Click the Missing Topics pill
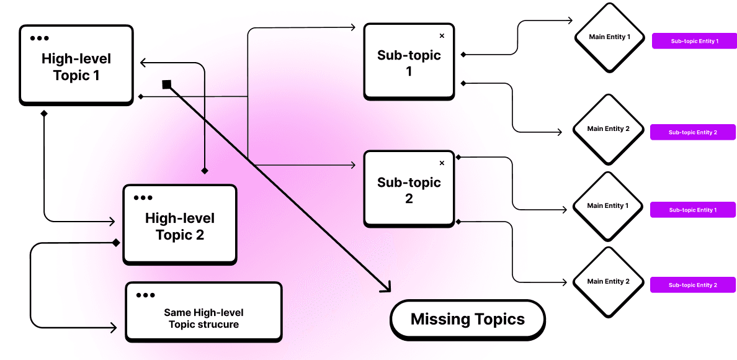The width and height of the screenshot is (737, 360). click(467, 320)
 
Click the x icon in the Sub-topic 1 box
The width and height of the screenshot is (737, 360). click(442, 36)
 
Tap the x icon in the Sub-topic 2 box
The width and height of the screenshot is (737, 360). click(442, 163)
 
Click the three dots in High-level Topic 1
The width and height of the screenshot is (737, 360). click(39, 38)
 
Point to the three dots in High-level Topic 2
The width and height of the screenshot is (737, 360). click(143, 198)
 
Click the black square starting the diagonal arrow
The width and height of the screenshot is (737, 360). click(166, 84)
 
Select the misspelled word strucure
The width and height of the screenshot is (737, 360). click(218, 324)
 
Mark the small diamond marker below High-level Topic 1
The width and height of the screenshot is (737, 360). click(43, 114)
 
